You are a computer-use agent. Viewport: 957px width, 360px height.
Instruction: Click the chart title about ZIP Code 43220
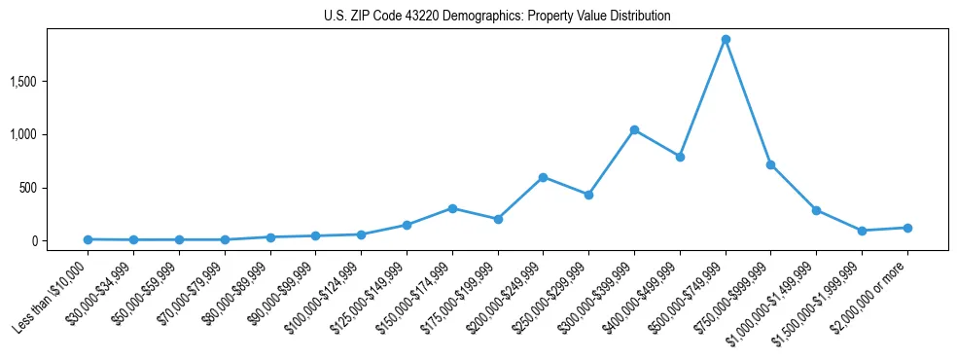[497, 16]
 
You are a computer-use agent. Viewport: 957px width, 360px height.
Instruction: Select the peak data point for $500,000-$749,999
[726, 39]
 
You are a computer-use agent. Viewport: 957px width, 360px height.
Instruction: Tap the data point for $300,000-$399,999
[634, 129]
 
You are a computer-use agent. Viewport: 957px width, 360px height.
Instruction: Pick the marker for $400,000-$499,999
[680, 157]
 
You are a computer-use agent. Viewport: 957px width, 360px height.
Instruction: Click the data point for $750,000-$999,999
[770, 164]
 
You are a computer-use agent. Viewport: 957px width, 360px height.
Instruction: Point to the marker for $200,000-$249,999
[543, 177]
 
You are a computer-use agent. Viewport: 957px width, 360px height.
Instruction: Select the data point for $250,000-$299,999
[588, 195]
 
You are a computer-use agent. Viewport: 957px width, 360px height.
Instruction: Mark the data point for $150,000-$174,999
[452, 208]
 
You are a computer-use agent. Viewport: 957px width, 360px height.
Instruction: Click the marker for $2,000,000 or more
[907, 228]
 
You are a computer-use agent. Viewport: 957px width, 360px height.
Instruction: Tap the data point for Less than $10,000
[88, 239]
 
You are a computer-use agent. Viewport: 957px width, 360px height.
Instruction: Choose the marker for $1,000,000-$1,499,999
[816, 210]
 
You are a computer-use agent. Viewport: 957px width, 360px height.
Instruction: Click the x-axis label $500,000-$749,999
[691, 294]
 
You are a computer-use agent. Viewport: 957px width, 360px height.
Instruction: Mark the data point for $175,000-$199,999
[498, 219]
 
